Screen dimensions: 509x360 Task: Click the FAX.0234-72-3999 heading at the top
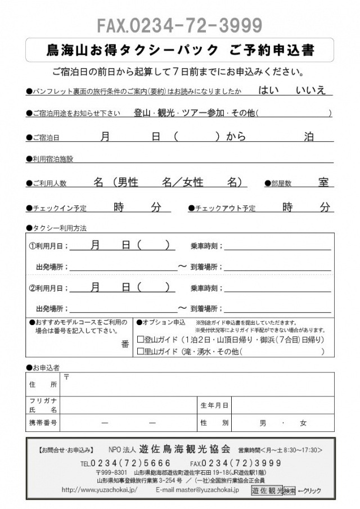tap(179, 25)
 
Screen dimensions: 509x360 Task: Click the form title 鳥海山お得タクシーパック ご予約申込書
tap(180, 50)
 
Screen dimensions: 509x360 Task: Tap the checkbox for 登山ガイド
tap(141, 340)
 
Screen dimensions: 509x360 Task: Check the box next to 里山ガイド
tap(141, 352)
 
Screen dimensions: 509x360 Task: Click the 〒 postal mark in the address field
tap(66, 376)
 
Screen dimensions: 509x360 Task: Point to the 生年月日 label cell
tap(214, 405)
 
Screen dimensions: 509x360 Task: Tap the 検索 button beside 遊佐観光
tap(289, 490)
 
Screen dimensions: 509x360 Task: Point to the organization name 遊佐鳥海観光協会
tap(185, 449)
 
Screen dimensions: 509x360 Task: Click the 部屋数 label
tap(281, 184)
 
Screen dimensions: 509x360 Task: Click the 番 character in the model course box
tap(125, 344)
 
